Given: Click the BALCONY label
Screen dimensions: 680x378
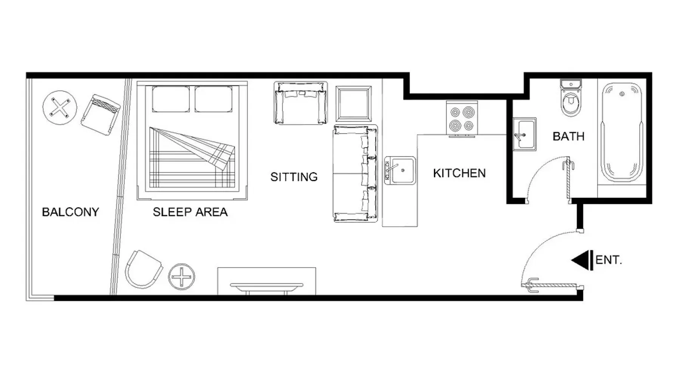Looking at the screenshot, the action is click(70, 212).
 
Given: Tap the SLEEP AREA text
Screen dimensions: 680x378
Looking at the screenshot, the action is click(190, 212).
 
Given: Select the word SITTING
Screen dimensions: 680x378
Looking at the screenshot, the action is click(294, 177).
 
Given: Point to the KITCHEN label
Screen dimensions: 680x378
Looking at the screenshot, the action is click(459, 173).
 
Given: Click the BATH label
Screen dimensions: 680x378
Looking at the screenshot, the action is click(568, 136).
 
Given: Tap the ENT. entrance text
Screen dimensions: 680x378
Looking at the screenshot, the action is click(609, 260).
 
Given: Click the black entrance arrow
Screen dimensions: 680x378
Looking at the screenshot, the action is click(582, 260).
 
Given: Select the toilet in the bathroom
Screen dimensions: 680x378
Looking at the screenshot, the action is click(571, 98).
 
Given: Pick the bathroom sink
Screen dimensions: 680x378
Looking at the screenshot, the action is click(524, 134).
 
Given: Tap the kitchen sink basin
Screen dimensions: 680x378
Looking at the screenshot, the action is click(400, 170).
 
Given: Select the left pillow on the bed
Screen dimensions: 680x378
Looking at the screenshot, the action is click(171, 99).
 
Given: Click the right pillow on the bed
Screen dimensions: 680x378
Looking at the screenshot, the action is click(213, 99).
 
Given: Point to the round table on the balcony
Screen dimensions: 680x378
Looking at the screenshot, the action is click(60, 107).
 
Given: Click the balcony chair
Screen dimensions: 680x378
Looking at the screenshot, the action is click(100, 115).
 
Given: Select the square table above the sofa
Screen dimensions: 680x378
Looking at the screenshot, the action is click(354, 103).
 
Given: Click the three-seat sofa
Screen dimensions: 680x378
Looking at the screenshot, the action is click(355, 174).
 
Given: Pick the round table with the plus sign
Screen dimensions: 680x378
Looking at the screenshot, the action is click(182, 277).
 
